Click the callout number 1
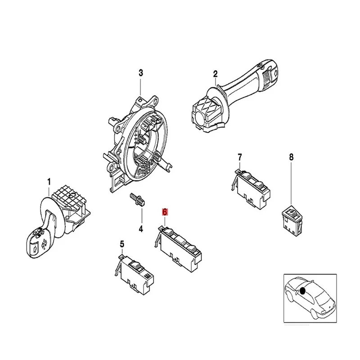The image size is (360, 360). (49, 181)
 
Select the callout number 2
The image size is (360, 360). (215, 74)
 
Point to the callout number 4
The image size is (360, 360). (140, 229)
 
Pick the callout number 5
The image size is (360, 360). (121, 244)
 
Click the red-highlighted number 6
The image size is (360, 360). (165, 211)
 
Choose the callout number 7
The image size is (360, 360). (239, 157)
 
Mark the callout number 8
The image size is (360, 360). (291, 157)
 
